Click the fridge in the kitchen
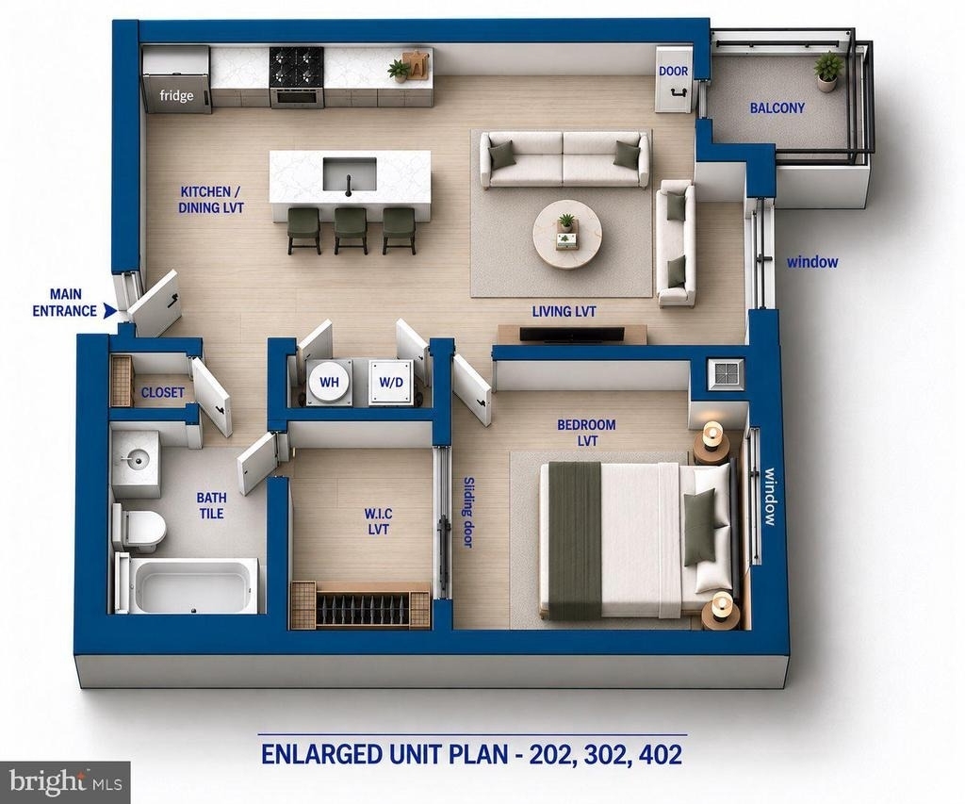click(x=176, y=80)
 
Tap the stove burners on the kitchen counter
click(x=296, y=66)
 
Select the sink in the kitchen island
click(x=350, y=174)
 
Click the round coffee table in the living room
click(x=566, y=235)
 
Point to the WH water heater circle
click(x=329, y=383)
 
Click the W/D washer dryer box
click(x=391, y=383)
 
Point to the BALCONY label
click(x=777, y=108)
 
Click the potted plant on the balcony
click(x=827, y=72)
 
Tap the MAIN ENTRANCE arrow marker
click(x=109, y=311)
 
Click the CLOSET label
click(x=162, y=392)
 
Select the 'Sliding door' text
click(x=468, y=512)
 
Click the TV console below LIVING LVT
click(x=572, y=335)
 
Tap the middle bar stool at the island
click(x=351, y=230)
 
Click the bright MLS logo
click(x=65, y=782)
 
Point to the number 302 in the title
click(x=604, y=754)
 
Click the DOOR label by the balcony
click(x=673, y=72)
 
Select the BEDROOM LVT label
click(x=586, y=433)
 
